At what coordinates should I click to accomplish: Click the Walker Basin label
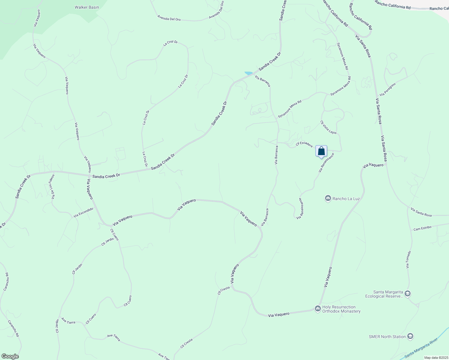point(87,7)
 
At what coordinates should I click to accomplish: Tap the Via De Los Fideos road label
point(53,187)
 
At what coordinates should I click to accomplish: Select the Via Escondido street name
point(83,212)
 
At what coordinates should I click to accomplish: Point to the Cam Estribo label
point(422,228)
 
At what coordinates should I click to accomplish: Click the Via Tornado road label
point(408,259)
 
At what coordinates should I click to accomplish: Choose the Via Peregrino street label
point(388,89)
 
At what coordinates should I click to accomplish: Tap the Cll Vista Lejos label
point(328,127)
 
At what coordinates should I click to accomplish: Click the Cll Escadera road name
point(304,144)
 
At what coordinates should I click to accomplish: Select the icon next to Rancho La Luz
point(328,198)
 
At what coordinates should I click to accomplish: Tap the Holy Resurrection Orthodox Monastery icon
point(318,309)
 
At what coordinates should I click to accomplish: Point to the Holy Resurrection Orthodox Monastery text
point(341,309)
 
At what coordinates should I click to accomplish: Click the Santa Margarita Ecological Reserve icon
point(407,293)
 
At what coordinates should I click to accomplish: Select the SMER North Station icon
point(410,336)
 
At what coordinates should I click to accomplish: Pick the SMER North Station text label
point(387,337)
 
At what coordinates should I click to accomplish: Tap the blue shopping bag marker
point(321,151)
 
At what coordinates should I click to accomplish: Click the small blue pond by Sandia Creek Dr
point(249,73)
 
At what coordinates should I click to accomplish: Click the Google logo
point(10,356)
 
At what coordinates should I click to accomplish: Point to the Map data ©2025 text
point(436,358)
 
